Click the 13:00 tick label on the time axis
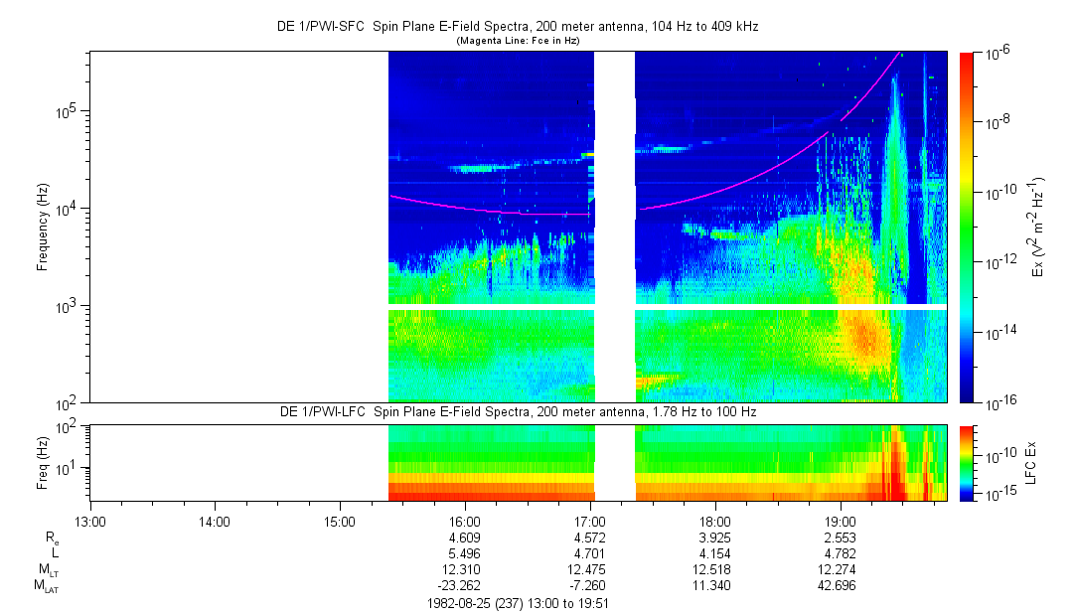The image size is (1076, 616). tap(89, 520)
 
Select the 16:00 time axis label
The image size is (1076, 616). tap(465, 520)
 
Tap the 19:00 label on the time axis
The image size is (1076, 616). tap(841, 520)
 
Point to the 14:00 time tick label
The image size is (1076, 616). tap(215, 520)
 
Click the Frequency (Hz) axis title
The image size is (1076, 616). tap(44, 228)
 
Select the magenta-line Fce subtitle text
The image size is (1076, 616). tap(518, 40)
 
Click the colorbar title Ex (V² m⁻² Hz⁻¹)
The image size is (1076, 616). tap(1039, 228)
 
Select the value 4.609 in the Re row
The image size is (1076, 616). tap(465, 537)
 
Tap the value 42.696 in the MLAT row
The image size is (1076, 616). tap(841, 586)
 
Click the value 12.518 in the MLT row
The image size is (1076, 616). tap(715, 569)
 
